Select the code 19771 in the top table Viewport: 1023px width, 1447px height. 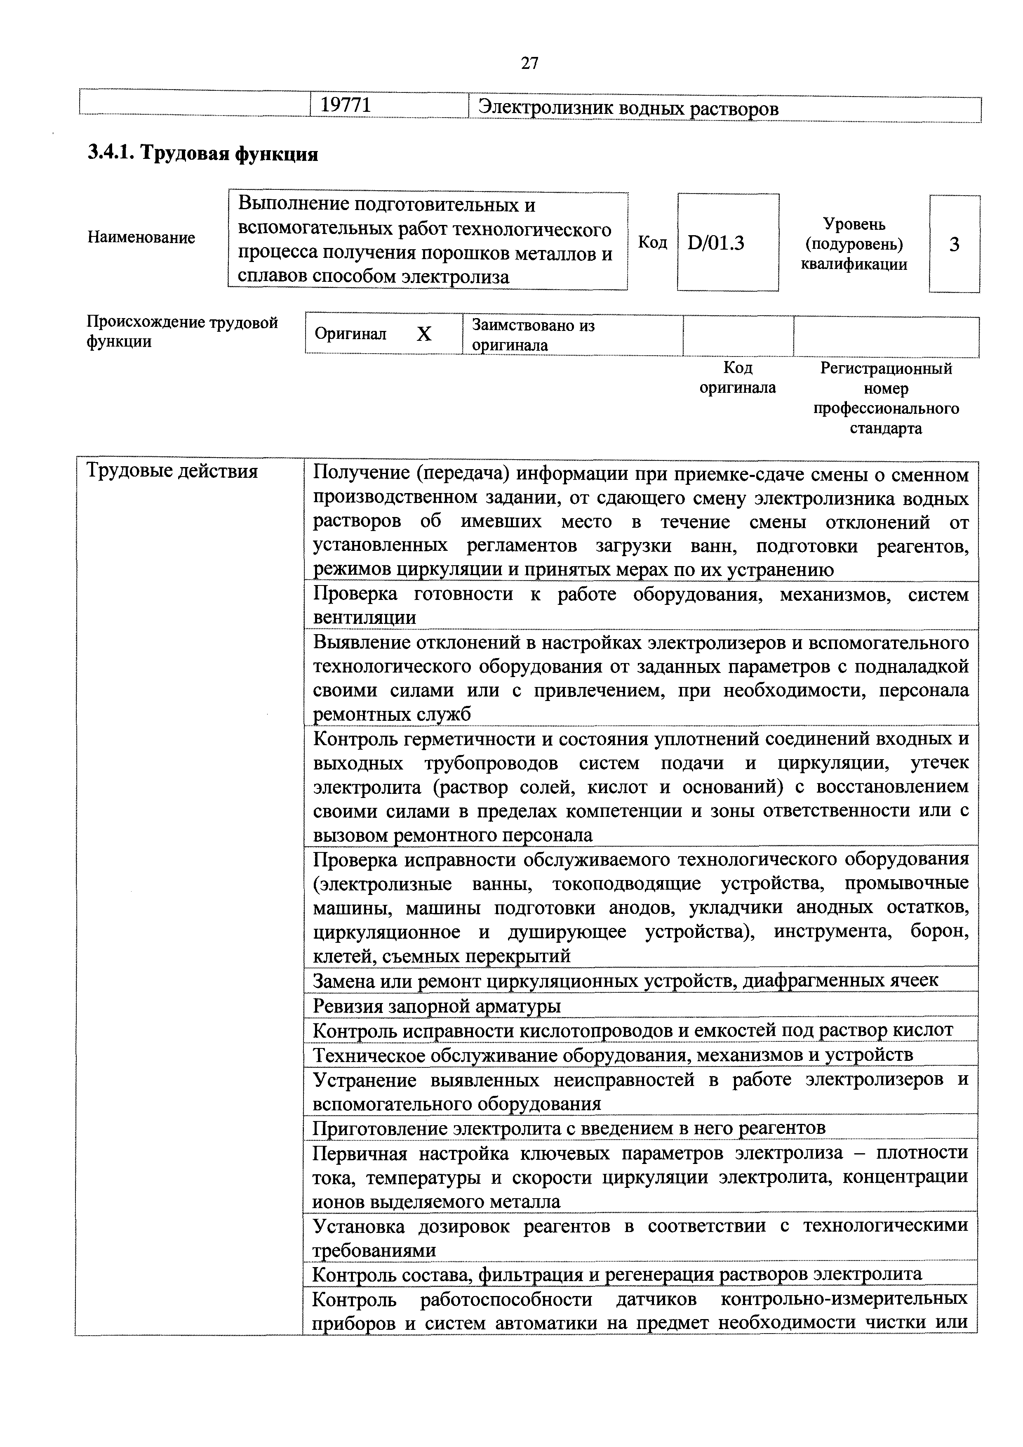(346, 105)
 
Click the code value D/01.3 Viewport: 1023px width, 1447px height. (716, 243)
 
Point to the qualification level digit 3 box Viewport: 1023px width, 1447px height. (954, 244)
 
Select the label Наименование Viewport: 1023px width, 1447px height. (141, 238)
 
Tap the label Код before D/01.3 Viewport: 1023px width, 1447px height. (653, 243)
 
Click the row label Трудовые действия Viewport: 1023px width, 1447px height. (172, 471)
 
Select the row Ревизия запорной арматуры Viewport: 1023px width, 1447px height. (437, 1006)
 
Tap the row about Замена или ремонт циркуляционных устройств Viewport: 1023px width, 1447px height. (626, 981)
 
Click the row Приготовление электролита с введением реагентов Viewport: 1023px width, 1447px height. (569, 1128)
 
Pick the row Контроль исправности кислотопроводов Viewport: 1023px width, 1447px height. (633, 1030)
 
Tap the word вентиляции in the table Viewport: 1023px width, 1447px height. (365, 618)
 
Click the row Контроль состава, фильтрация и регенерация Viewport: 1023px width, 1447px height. (617, 1274)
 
